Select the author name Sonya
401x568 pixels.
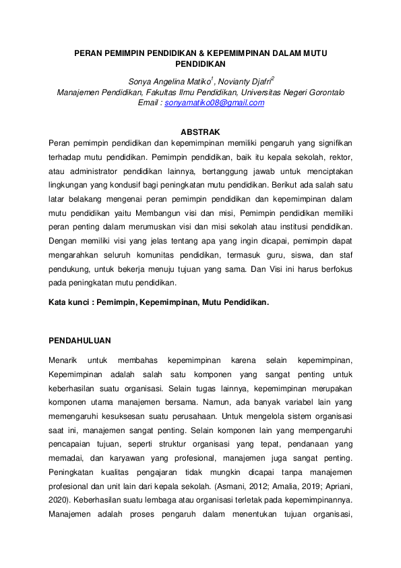tap(143, 81)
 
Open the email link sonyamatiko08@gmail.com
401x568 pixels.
tap(214, 103)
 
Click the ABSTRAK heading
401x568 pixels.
tap(201, 132)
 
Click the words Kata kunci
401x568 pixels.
tap(69, 303)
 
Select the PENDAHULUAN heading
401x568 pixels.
tap(80, 341)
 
